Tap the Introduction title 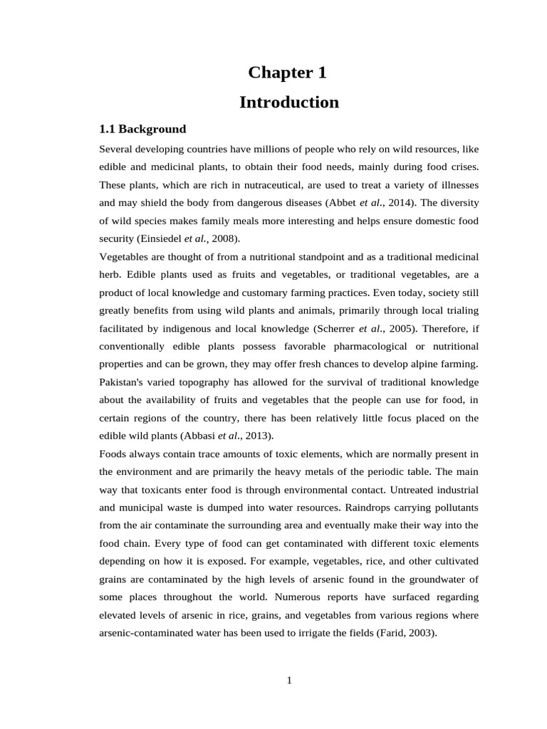288,103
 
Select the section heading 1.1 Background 142,129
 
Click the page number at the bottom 289,680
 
